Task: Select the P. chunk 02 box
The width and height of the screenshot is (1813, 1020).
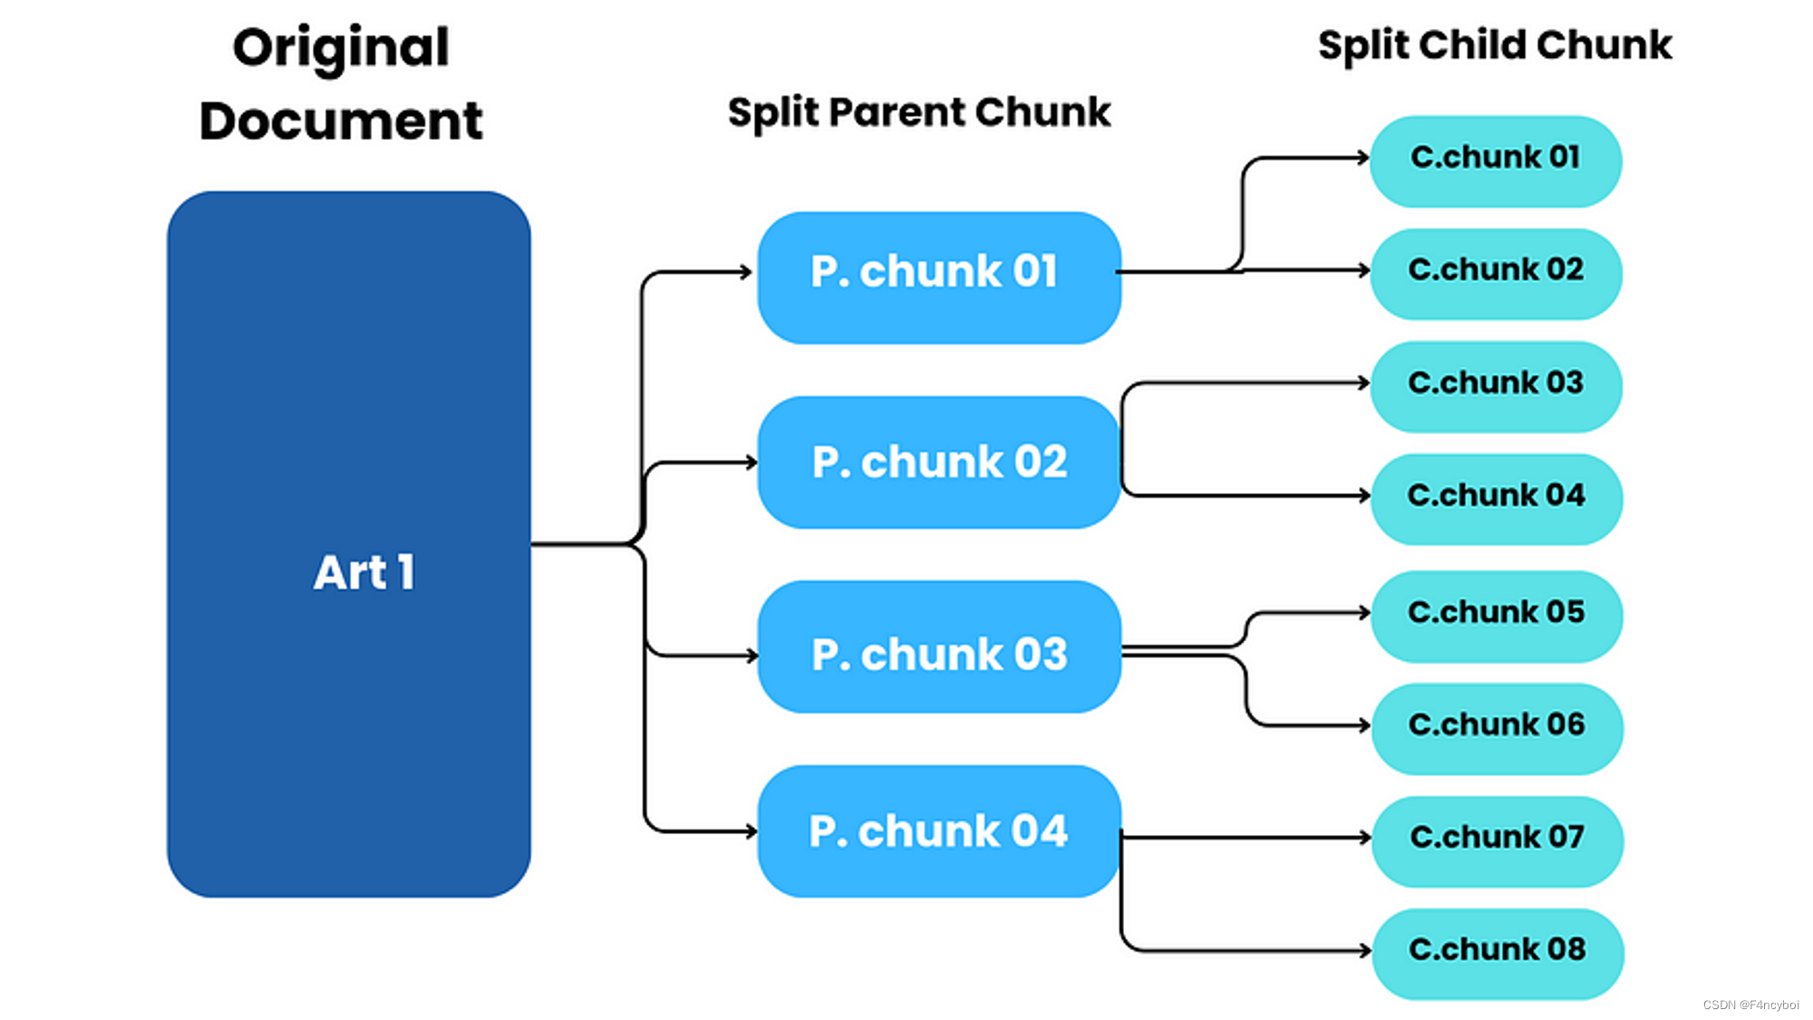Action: [939, 462]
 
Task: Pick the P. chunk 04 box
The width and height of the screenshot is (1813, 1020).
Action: [939, 831]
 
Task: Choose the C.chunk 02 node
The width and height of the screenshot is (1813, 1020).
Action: [1496, 273]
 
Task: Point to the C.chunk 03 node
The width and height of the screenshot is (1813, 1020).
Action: [1496, 385]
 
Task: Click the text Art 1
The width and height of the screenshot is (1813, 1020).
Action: [364, 572]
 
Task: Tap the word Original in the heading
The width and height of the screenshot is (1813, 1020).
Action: [341, 48]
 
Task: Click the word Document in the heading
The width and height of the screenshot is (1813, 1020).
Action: [341, 121]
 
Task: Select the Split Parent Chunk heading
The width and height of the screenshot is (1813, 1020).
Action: [918, 112]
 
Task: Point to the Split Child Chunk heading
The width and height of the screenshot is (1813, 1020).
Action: [1494, 44]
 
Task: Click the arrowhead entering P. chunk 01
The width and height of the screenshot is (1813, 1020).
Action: [745, 271]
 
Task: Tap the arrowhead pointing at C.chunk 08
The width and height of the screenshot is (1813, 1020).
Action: [1364, 950]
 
